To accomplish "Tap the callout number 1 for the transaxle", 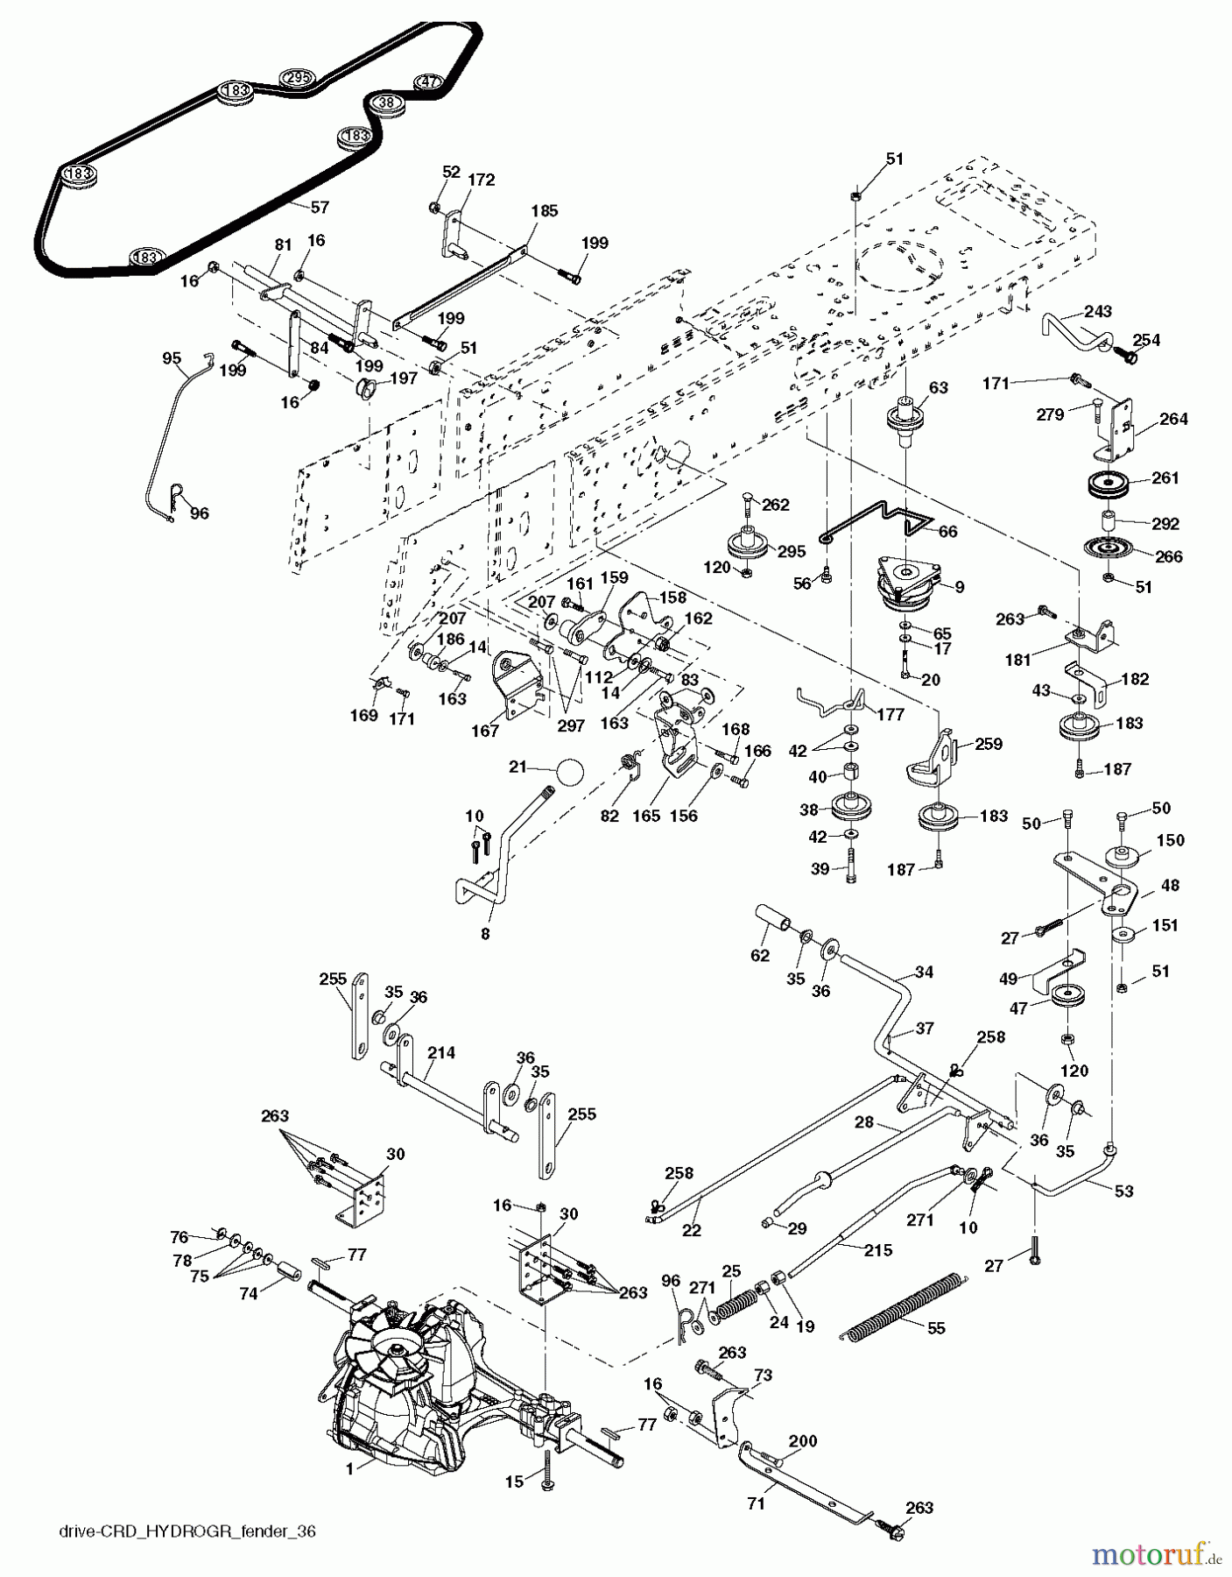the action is coord(349,1469).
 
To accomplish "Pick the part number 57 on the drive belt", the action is coord(320,208).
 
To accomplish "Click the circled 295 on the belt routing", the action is coord(297,79).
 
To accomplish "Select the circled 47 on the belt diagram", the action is coord(428,81).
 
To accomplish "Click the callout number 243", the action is coord(1097,311).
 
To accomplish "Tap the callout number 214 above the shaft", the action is coord(441,1052).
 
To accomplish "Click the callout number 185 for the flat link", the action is coord(544,210).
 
